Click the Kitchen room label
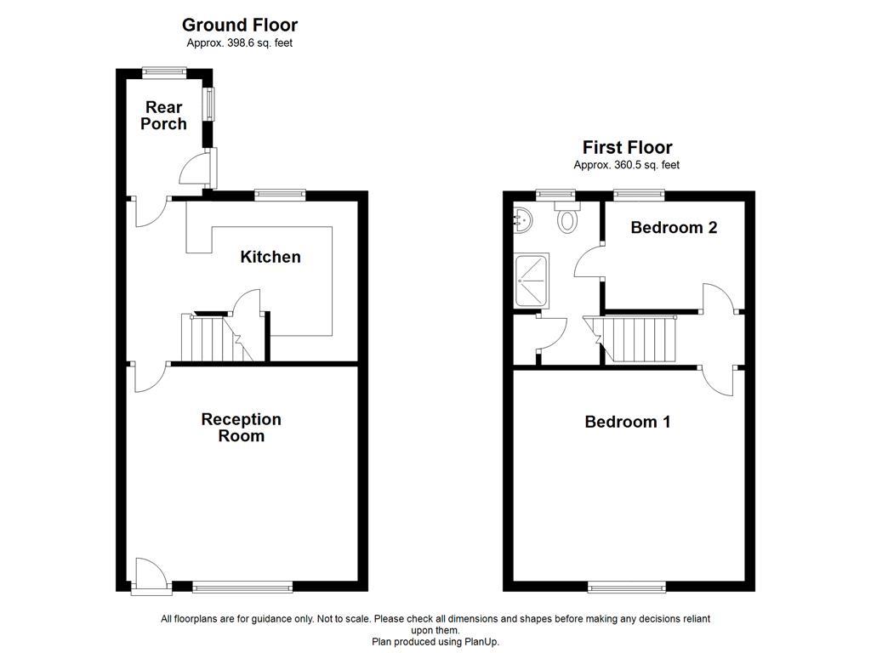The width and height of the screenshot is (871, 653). pos(270,257)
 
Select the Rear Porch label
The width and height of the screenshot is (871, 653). pos(163,116)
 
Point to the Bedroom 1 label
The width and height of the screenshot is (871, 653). pos(627,422)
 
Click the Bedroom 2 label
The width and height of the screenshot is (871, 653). pos(674,228)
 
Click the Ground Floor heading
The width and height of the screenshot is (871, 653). pos(240,25)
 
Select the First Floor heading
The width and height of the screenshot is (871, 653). pos(627,147)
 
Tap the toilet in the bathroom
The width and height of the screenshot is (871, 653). pos(567,219)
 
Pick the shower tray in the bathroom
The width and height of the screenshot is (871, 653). pos(531,281)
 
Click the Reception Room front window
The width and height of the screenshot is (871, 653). pos(242,586)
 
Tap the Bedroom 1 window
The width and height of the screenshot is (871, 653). pos(626,586)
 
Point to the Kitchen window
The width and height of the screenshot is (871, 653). pos(280,195)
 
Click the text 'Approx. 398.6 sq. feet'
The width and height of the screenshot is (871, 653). pos(240,43)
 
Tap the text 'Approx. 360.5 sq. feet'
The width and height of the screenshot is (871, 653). pos(627,166)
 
